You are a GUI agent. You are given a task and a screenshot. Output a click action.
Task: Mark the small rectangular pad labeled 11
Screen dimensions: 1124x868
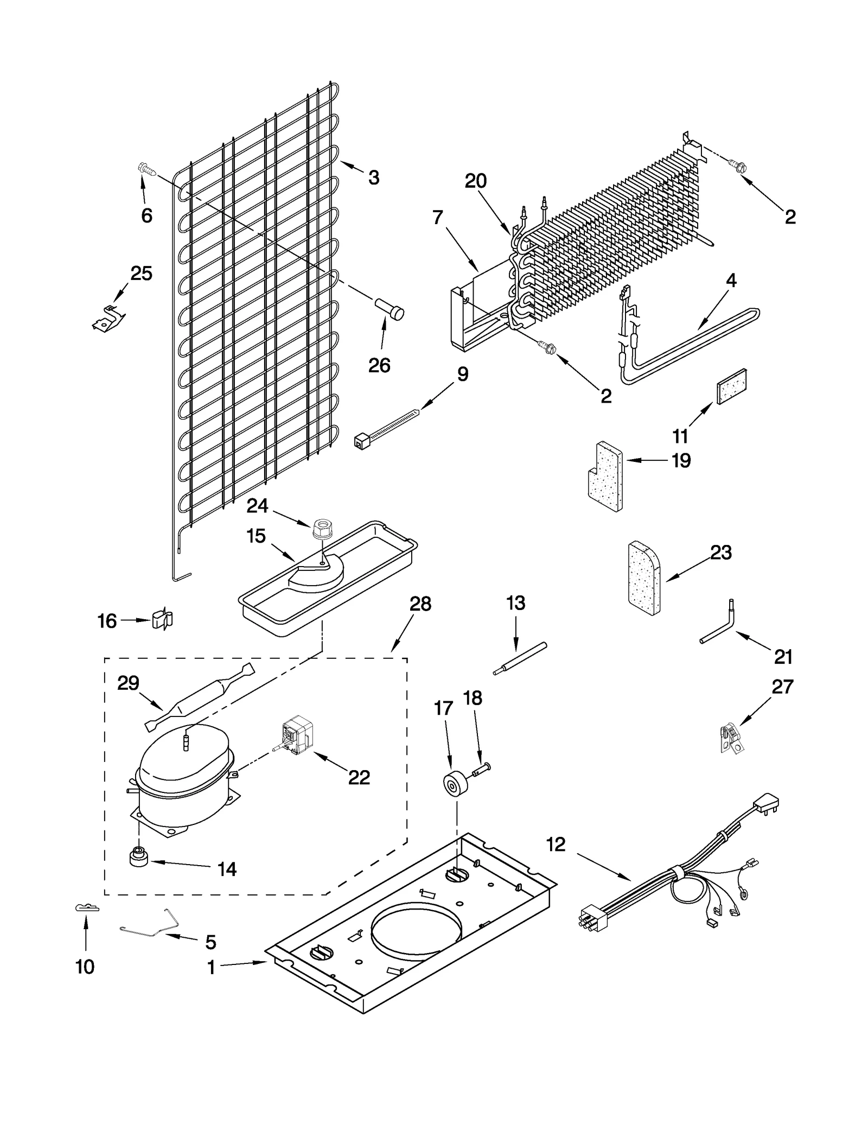pos(732,386)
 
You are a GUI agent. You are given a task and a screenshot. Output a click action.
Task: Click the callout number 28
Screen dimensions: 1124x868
pos(420,604)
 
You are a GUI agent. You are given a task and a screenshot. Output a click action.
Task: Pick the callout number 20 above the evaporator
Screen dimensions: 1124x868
pos(476,181)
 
